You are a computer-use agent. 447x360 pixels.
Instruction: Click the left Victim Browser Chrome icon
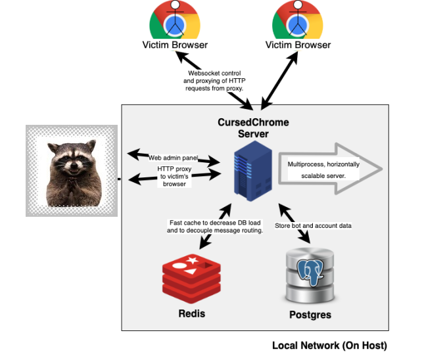coord(175,20)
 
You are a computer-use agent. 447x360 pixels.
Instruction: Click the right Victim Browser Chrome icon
coord(298,20)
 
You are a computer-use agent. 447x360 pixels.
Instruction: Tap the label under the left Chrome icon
coord(175,45)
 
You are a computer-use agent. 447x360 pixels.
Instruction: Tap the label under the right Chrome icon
coord(298,45)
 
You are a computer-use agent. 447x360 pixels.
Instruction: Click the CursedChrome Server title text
coord(253,128)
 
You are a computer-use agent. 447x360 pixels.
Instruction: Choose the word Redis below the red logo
coord(192,313)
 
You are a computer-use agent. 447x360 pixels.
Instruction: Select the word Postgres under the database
coord(310,315)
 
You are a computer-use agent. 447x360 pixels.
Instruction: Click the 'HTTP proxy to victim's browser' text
coord(174,176)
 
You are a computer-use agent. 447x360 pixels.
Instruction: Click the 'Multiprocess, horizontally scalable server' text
coord(321,168)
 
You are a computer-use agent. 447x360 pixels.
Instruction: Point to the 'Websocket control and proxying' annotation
coord(216,79)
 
